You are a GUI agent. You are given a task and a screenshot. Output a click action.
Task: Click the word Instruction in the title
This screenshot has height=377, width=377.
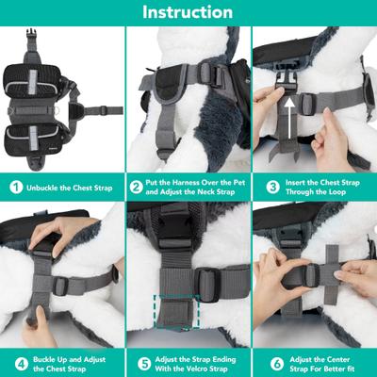(x=188, y=12)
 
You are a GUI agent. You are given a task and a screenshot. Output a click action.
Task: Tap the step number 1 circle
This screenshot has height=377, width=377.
(x=16, y=187)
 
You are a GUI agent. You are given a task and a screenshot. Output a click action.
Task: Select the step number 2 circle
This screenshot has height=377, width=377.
(x=138, y=187)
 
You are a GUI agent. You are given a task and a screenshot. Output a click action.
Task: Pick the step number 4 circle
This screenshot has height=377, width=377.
(x=16, y=362)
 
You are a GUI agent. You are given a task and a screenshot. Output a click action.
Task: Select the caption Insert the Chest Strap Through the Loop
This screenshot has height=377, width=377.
(x=320, y=187)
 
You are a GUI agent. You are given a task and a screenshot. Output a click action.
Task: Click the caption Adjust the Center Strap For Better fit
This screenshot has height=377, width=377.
(x=320, y=362)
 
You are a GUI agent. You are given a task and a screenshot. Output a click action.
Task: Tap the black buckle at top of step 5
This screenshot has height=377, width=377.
(x=173, y=226)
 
